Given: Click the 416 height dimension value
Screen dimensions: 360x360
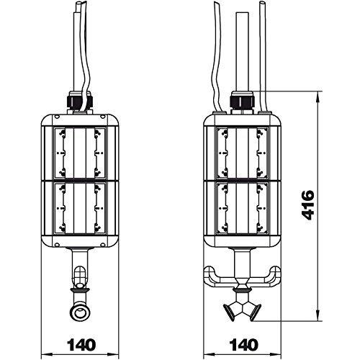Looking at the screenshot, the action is [308, 205].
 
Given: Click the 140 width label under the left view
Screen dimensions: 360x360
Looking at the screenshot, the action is [81, 345].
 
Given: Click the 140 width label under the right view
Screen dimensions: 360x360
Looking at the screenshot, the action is [244, 345].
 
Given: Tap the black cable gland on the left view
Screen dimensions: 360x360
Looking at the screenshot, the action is [78, 101].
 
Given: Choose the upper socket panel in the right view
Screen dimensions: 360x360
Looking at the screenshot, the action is [242, 153].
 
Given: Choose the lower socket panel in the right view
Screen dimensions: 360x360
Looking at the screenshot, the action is [242, 208].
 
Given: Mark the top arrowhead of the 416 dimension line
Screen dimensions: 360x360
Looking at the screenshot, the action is [318, 95].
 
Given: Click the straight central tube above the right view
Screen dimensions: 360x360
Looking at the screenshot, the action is [242, 52].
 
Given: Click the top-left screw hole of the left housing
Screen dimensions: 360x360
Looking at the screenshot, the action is [57, 117].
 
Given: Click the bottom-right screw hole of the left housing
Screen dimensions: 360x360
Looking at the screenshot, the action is [102, 245].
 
